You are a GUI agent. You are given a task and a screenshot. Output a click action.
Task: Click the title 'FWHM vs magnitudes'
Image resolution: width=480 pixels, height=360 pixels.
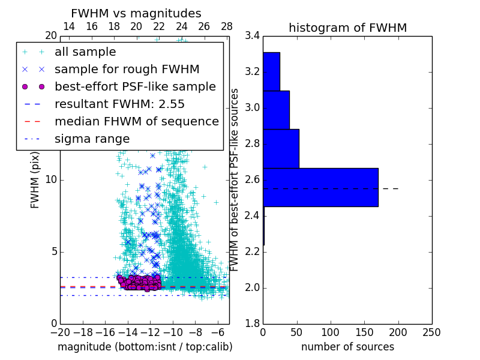pos(136,13)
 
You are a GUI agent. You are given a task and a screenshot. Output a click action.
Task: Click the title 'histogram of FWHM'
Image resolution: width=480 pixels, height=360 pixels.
pos(347,28)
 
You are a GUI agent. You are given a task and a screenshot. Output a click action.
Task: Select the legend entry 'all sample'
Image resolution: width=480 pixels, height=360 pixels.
pos(85,52)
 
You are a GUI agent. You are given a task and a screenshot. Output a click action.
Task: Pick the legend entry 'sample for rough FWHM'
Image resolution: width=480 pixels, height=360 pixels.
pos(127,69)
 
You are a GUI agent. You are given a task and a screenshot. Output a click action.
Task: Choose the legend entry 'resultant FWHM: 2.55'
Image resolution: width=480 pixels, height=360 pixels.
pos(119,104)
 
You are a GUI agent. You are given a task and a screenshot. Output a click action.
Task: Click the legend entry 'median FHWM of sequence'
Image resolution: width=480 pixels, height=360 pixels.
pos(136,121)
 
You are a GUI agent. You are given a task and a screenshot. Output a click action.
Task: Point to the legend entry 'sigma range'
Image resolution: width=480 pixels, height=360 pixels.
pos(92,139)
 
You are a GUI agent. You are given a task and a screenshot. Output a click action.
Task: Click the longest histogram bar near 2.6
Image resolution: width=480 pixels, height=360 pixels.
pos(320,187)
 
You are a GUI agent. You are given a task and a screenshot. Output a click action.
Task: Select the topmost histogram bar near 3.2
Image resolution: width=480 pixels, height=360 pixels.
pos(271,71)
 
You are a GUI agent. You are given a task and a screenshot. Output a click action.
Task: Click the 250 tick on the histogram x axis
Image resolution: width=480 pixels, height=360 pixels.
pos(431,332)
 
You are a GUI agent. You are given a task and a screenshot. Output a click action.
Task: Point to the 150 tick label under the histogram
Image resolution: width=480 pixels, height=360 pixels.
pos(364,332)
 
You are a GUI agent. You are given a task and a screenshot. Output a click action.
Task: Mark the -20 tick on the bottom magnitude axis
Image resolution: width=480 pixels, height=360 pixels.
pos(60,332)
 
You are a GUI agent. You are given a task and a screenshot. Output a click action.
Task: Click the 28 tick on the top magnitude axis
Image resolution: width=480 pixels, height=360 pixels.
pos(227,26)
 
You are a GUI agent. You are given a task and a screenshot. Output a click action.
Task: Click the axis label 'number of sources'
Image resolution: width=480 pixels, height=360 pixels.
pos(347,347)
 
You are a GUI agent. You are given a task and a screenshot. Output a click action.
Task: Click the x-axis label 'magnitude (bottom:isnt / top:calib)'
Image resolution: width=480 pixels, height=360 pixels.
pos(145,347)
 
